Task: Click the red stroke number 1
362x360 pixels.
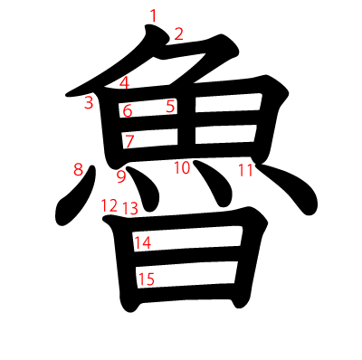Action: tap(154, 14)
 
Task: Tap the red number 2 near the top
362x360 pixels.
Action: tap(178, 34)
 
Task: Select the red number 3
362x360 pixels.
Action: tap(89, 102)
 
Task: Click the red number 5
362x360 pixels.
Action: tap(170, 107)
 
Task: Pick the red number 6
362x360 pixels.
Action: tap(128, 111)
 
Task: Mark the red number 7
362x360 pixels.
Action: tap(129, 141)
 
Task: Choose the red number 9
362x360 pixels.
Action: tap(121, 175)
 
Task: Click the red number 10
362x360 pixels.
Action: tap(182, 167)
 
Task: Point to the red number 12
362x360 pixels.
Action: tap(110, 205)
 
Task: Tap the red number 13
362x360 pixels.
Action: tap(130, 209)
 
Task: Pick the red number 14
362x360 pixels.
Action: tap(143, 242)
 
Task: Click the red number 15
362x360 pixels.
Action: tap(146, 279)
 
